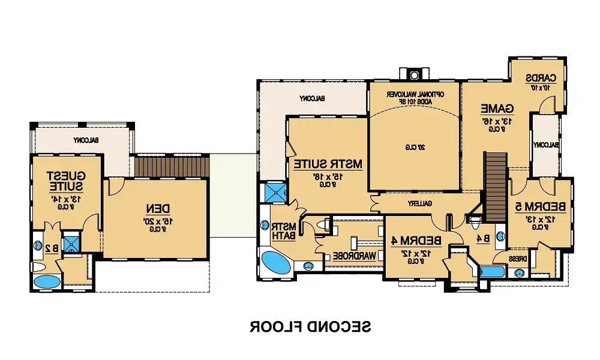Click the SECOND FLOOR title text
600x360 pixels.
[310, 327]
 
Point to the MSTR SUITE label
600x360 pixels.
[328, 163]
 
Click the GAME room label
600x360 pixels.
[498, 109]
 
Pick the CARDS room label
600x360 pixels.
[542, 78]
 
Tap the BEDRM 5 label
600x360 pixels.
[541, 206]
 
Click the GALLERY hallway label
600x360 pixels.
[421, 204]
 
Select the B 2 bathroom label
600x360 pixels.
[52, 247]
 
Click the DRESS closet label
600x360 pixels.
[518, 259]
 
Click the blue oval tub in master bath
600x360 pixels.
[276, 263]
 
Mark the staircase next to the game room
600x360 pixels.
[496, 179]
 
